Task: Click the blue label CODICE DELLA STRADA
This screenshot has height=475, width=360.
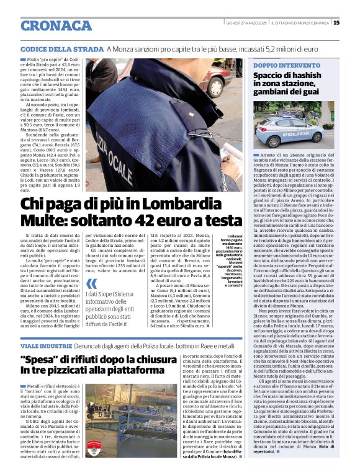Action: coord(61,49)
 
